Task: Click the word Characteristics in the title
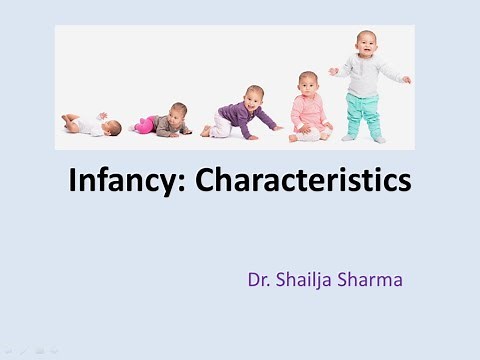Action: click(303, 181)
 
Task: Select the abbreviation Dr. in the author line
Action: click(260, 280)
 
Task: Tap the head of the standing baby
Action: click(367, 43)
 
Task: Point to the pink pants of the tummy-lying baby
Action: click(146, 125)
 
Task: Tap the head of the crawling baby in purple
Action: click(254, 97)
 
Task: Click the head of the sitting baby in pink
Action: click(308, 83)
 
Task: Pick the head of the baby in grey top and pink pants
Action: click(178, 112)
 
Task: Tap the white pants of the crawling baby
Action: click(219, 127)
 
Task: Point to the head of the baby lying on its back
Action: click(113, 127)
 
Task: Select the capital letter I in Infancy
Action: click(73, 181)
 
